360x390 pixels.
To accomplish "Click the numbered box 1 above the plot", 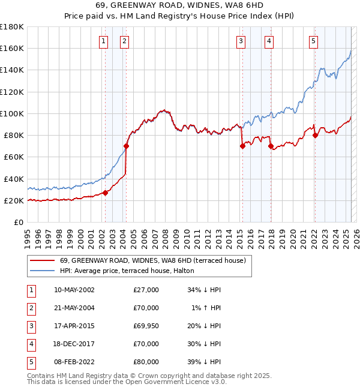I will (104, 41).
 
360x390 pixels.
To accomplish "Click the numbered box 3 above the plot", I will (241, 41).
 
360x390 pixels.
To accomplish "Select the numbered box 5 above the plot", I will (314, 41).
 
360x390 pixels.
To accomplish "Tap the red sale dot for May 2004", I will (127, 146).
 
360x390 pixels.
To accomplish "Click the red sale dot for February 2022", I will (315, 135).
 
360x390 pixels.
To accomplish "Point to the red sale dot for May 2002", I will (105, 193).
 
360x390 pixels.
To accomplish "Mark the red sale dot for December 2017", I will (271, 146).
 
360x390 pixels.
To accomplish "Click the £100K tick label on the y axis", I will (11, 113).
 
